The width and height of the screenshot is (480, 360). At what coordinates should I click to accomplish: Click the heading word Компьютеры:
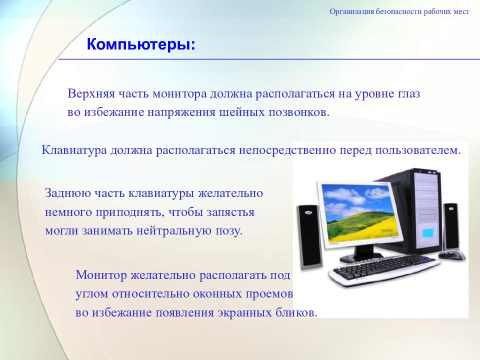[141, 44]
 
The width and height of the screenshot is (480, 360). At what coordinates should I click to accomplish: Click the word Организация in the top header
[351, 12]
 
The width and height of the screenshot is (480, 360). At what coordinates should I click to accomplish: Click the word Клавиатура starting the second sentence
[74, 150]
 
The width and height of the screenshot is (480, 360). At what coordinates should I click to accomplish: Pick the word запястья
[230, 212]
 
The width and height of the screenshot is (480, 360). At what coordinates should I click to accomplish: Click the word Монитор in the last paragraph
[101, 275]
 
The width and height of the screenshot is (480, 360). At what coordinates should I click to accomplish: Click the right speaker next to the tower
[451, 226]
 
